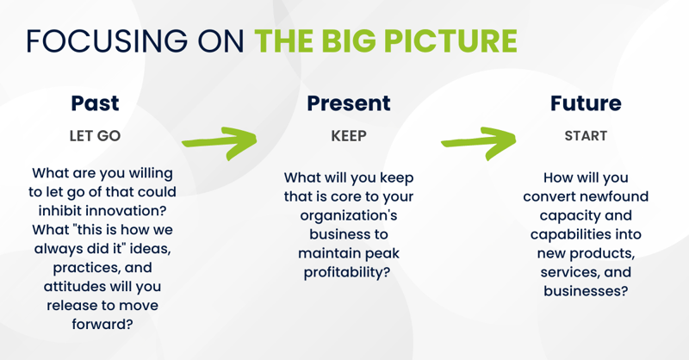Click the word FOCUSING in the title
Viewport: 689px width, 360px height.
pyautogui.click(x=107, y=40)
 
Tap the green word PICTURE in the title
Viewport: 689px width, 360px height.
pyautogui.click(x=450, y=40)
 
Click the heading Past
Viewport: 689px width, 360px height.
pyautogui.click(x=95, y=103)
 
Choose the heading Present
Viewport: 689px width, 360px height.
pyautogui.click(x=349, y=103)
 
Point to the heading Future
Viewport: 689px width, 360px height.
pyautogui.click(x=586, y=103)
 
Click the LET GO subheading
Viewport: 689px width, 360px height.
pyautogui.click(x=95, y=136)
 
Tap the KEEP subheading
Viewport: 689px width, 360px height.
pyautogui.click(x=349, y=136)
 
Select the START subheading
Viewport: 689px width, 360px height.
pyautogui.click(x=586, y=136)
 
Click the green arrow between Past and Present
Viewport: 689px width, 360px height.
pyautogui.click(x=220, y=142)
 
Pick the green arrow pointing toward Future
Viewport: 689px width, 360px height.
pyautogui.click(x=479, y=142)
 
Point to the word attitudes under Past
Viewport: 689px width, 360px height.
pyautogui.click(x=74, y=287)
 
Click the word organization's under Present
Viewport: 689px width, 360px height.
pyautogui.click(x=349, y=216)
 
